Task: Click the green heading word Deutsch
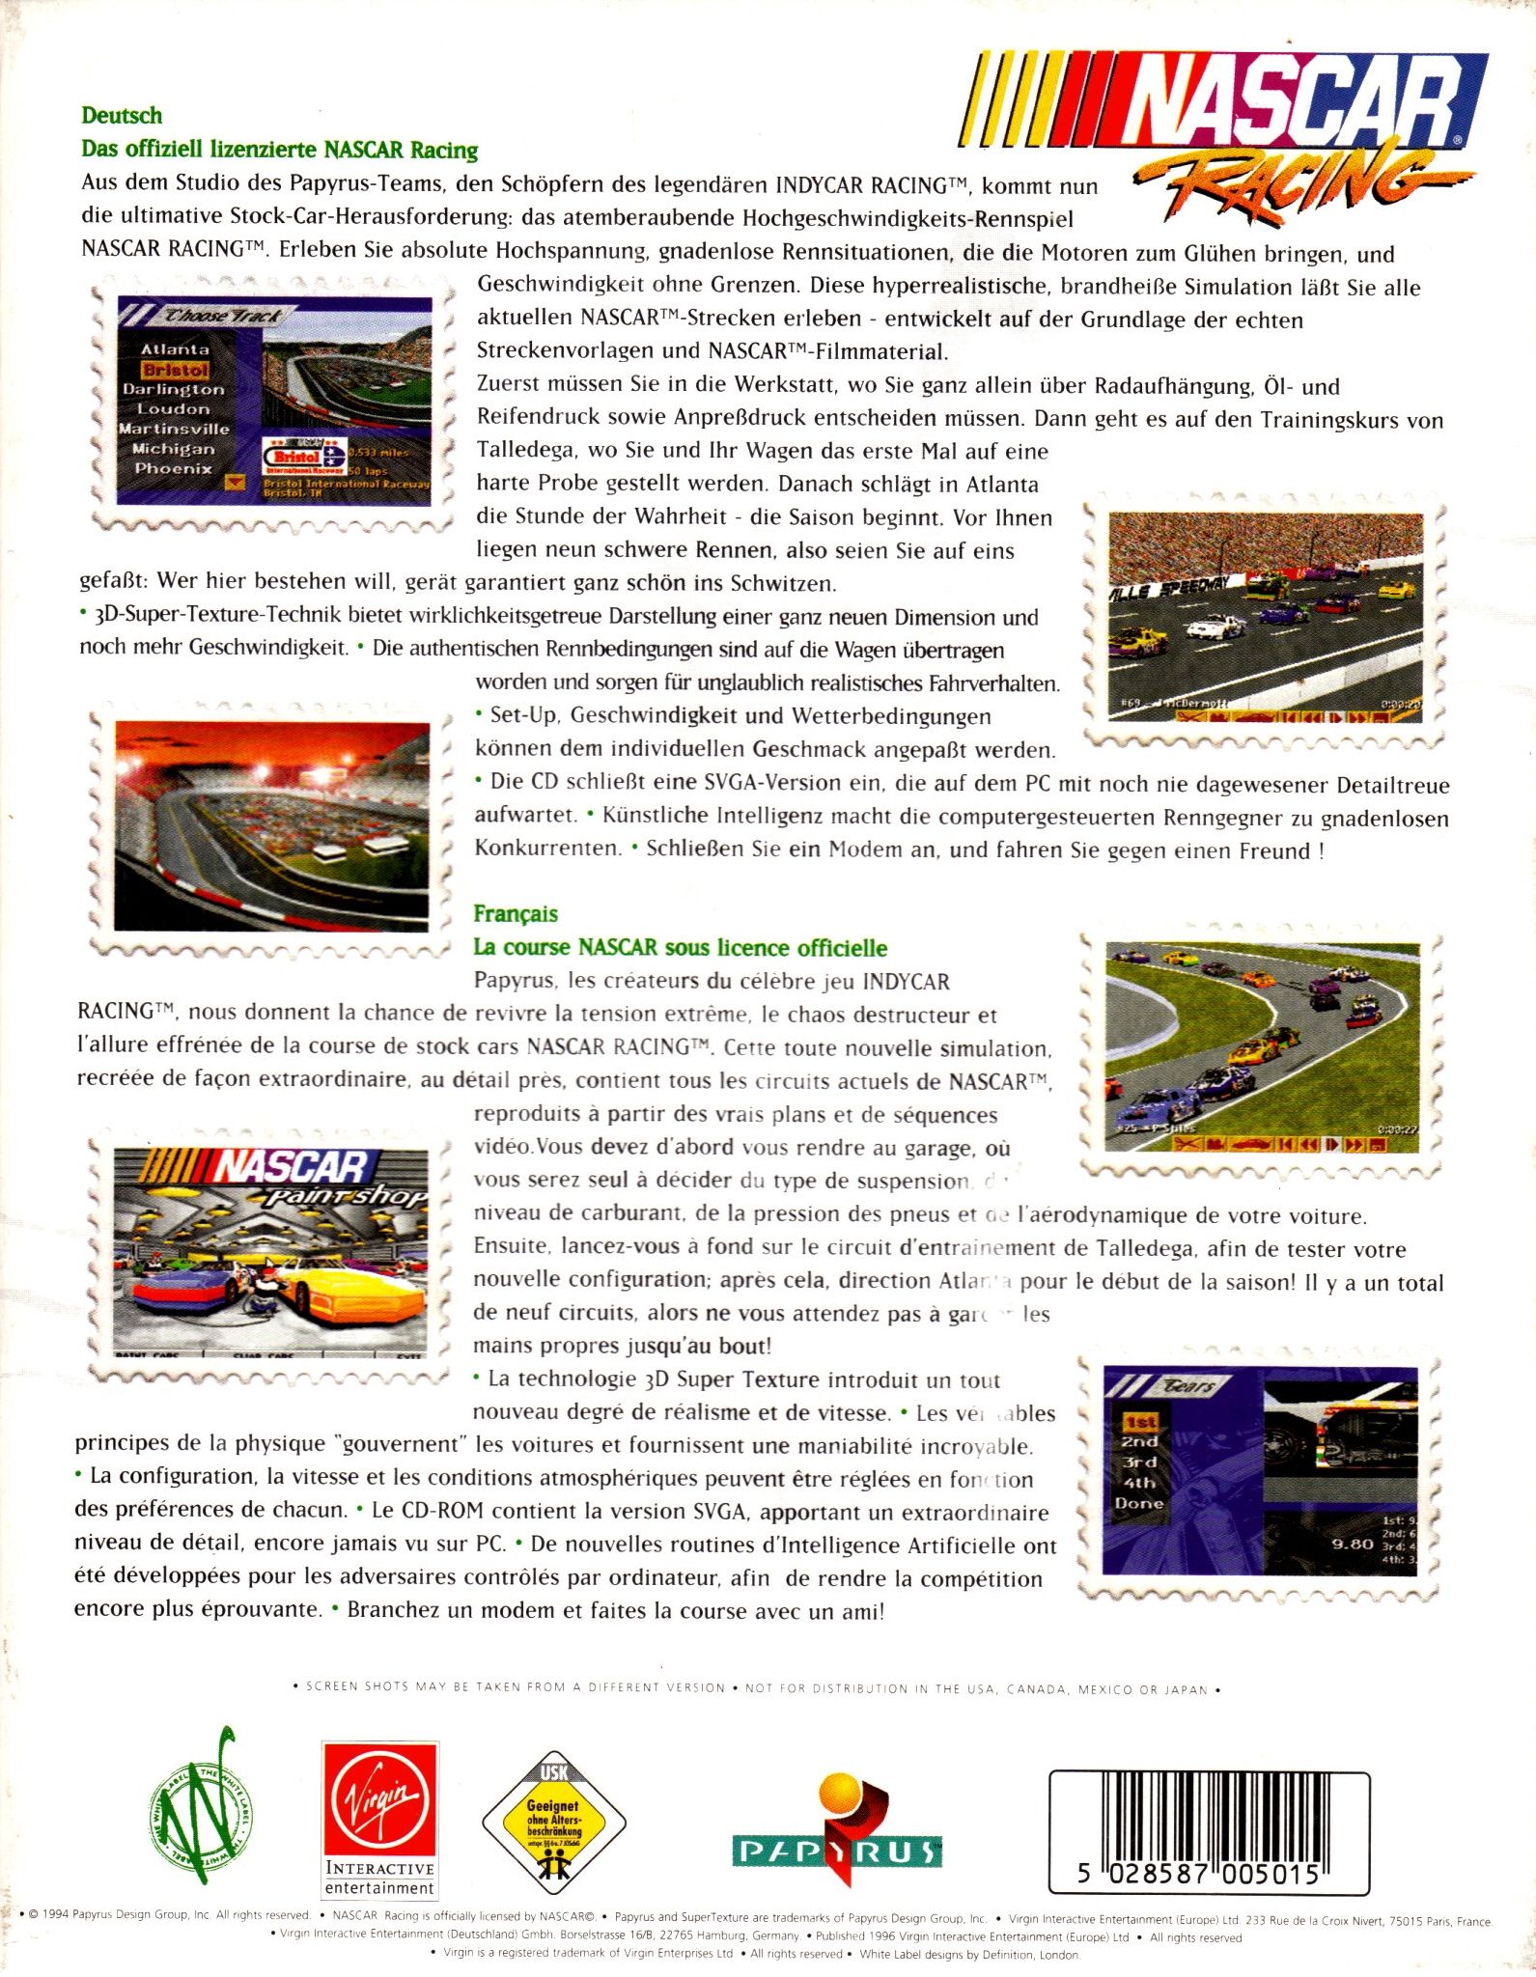(122, 116)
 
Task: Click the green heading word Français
(516, 913)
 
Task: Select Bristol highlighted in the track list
(175, 370)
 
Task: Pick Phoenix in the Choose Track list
(173, 469)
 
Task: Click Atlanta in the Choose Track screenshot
(175, 348)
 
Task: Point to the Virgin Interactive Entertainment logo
(380, 1821)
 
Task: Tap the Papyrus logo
(836, 1829)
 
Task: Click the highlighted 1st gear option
(1139, 1422)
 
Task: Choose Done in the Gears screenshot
(1139, 1503)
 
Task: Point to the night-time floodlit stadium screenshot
(271, 824)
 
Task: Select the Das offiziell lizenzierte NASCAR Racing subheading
(280, 150)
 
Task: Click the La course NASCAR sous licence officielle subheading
(680, 947)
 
